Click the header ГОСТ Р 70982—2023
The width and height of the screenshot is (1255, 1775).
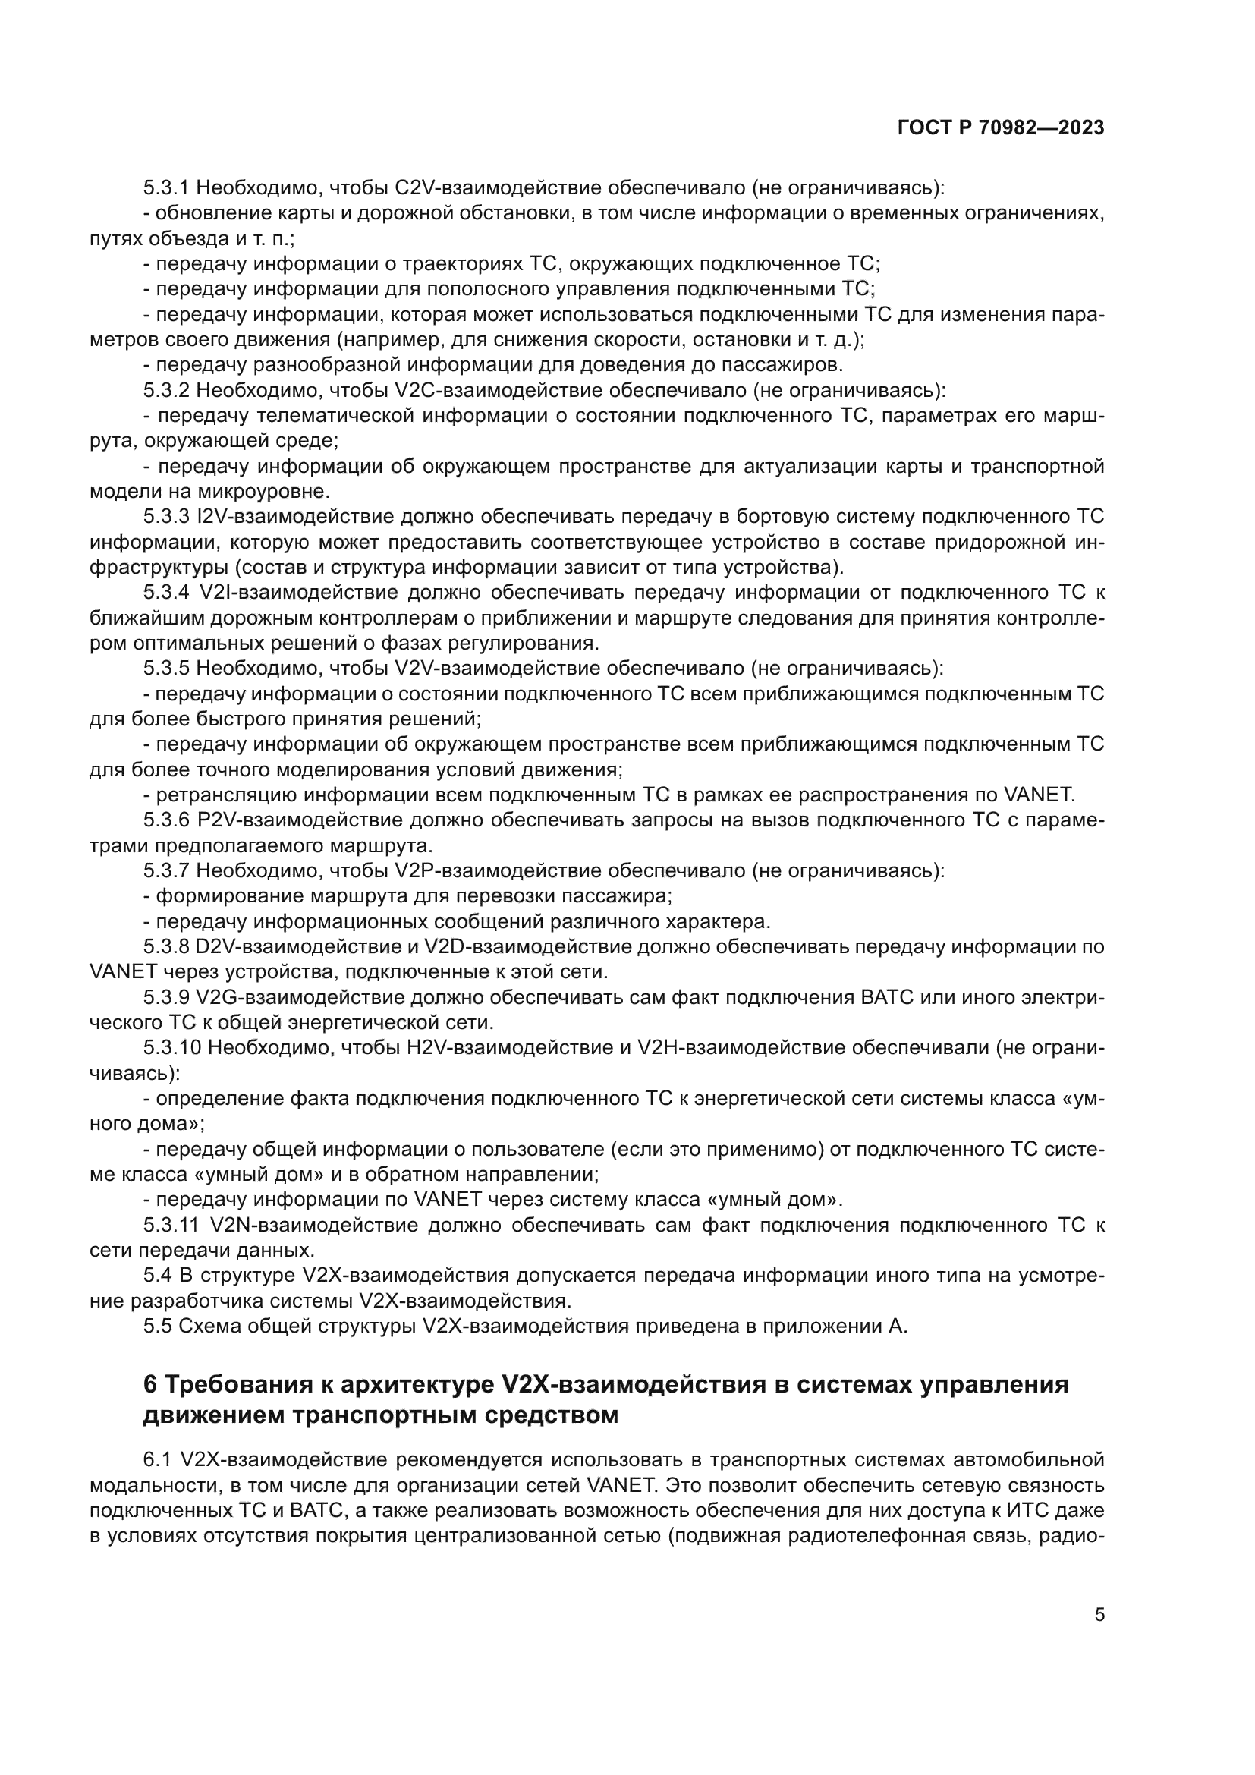(x=1001, y=128)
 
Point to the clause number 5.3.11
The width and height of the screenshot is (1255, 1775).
(x=171, y=1226)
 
